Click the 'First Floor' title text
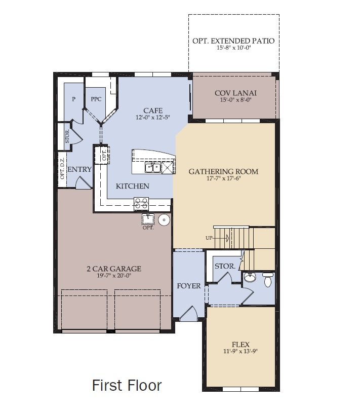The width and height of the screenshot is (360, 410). point(127,385)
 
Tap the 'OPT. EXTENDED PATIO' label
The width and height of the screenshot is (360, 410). point(233,41)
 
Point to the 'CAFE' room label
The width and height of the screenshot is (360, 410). point(152,110)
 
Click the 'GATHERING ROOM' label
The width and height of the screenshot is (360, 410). point(223,171)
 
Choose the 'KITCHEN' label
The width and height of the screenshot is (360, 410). point(133,186)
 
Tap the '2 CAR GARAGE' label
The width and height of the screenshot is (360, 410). point(113,269)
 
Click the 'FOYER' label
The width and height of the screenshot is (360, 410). point(189,286)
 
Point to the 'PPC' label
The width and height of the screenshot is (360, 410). point(96,99)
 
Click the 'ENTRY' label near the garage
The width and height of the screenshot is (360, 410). point(79,169)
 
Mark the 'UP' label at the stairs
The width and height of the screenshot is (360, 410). point(209,237)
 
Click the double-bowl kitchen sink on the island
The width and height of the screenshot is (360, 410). point(153,167)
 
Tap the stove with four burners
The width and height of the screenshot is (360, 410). point(141,203)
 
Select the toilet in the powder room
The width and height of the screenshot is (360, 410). point(268,279)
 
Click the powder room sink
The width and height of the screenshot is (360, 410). point(250,278)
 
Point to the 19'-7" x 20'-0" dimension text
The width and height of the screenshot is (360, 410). point(113,276)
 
